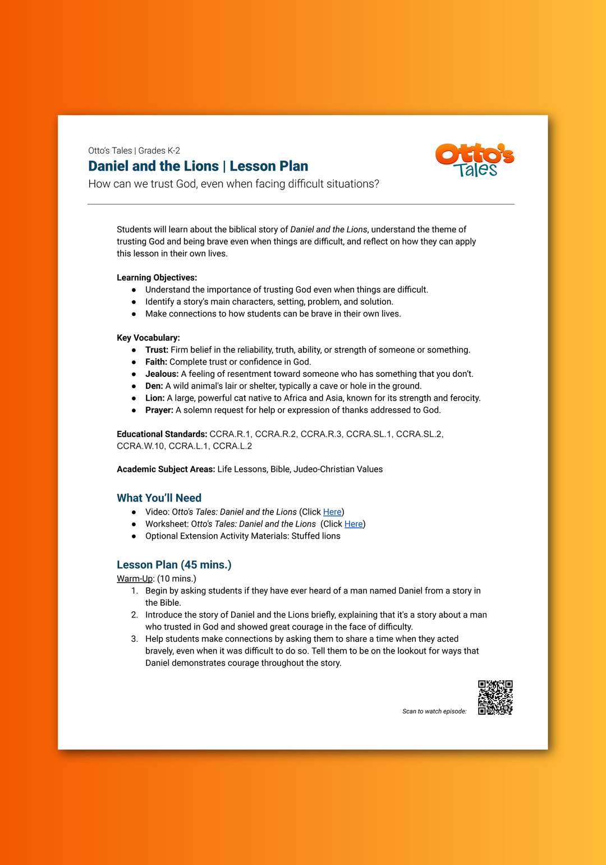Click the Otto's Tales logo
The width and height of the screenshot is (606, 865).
click(x=475, y=160)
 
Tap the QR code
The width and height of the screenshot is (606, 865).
click(x=495, y=697)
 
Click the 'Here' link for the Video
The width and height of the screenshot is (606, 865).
click(x=332, y=512)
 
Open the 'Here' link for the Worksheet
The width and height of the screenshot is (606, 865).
click(x=353, y=524)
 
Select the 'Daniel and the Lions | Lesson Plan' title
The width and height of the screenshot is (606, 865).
click(x=198, y=166)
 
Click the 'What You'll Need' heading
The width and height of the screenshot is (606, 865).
click(x=159, y=498)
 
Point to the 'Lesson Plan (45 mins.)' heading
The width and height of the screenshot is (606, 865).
click(x=174, y=565)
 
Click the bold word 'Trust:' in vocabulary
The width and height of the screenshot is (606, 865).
click(x=157, y=350)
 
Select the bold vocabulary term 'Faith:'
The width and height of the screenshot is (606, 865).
click(x=156, y=362)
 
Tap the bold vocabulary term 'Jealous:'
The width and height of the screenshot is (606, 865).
click(x=162, y=374)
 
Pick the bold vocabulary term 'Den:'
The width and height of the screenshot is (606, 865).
click(x=154, y=387)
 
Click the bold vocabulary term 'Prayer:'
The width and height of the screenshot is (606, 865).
click(x=159, y=411)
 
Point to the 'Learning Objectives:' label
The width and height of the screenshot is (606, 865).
click(x=157, y=278)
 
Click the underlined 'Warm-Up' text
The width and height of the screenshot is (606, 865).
click(x=135, y=579)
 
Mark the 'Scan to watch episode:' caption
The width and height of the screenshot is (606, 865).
click(x=434, y=711)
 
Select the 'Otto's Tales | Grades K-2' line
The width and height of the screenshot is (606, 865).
click(x=134, y=151)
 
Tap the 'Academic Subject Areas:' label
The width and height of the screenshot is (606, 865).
click(x=166, y=470)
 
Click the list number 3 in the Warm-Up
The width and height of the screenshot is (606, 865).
click(x=135, y=639)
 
